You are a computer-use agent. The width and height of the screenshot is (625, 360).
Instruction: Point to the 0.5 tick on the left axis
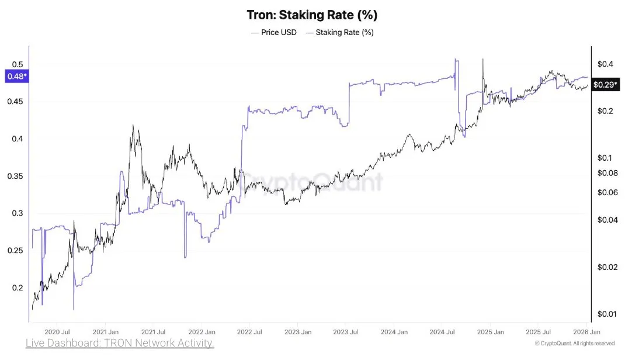pyautogui.click(x=18, y=64)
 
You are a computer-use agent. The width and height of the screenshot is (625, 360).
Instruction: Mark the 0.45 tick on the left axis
pyautogui.click(x=16, y=102)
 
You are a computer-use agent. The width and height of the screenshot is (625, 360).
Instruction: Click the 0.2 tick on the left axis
pyautogui.click(x=18, y=288)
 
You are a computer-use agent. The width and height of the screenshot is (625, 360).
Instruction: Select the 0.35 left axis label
pyautogui.click(x=16, y=176)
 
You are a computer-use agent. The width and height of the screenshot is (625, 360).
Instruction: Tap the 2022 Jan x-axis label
pyautogui.click(x=202, y=330)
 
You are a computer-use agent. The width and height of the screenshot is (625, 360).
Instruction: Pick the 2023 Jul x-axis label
pyautogui.click(x=346, y=330)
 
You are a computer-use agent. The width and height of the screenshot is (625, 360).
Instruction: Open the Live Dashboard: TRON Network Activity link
pyautogui.click(x=120, y=343)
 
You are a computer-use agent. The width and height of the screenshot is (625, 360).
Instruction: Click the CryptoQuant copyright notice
pyautogui.click(x=575, y=344)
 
